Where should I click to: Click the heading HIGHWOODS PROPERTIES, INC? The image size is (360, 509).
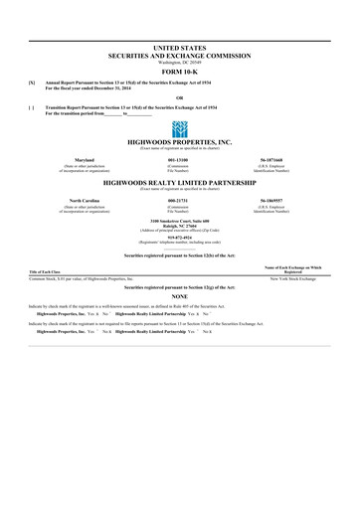click(179, 143)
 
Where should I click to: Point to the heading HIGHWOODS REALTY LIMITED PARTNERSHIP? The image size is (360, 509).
click(179, 184)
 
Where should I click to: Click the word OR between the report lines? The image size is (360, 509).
click(179, 96)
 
